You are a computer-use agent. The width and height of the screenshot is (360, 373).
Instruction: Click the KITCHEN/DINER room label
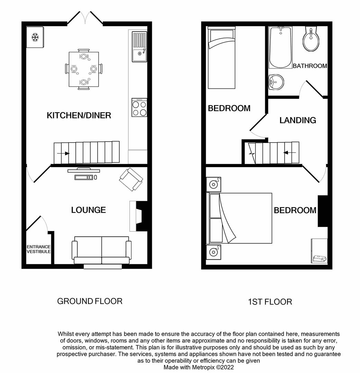[79, 115]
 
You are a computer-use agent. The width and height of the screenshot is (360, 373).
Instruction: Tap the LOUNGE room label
[88, 210]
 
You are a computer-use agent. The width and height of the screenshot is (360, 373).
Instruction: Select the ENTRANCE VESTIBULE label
[39, 249]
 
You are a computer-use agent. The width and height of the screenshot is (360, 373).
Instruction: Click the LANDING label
[298, 120]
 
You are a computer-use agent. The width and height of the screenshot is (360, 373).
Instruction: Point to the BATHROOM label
[310, 66]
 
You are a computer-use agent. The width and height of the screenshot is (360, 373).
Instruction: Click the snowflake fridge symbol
[35, 37]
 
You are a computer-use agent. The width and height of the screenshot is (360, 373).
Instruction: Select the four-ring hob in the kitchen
[139, 108]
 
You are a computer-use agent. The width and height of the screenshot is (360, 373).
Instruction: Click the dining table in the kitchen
[83, 69]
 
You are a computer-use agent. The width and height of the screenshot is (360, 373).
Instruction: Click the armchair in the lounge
[131, 179]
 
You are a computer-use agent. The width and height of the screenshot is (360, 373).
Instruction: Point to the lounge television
[84, 170]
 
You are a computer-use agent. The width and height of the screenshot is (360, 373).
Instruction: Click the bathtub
[280, 48]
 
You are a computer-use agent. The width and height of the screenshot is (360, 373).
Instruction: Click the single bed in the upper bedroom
[222, 58]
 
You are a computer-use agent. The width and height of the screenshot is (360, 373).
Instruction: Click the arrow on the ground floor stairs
[64, 153]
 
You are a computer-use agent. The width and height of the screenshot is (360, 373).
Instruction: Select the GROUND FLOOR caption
[90, 301]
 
